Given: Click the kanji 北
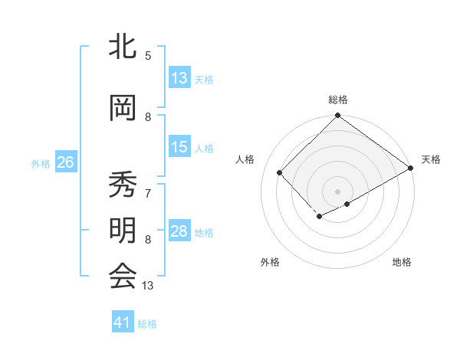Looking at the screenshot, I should pos(123,47).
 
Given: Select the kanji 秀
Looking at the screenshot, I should pos(123,185).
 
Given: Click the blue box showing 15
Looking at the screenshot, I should pos(179,148).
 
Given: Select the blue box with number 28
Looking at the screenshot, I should pos(179,232).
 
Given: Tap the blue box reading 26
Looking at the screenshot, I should pos(65,162).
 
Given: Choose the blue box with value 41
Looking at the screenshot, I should pos(123,322).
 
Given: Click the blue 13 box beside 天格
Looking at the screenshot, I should pos(179,78).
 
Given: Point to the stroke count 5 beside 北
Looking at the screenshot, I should pos(148,55).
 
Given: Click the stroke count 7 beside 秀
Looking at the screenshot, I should pos(148,186).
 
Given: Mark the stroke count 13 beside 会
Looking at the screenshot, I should pos(149,286).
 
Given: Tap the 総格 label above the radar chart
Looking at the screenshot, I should pos(338,100).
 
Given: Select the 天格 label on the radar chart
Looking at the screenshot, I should pos(431,159).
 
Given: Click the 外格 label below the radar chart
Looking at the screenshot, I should pos(270,262).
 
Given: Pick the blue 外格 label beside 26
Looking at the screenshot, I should pos(40,163).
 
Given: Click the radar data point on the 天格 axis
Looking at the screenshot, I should pos(412,169).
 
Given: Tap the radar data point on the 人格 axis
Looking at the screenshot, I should pos(280,172).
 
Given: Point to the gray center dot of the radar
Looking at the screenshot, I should pos(337,190).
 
